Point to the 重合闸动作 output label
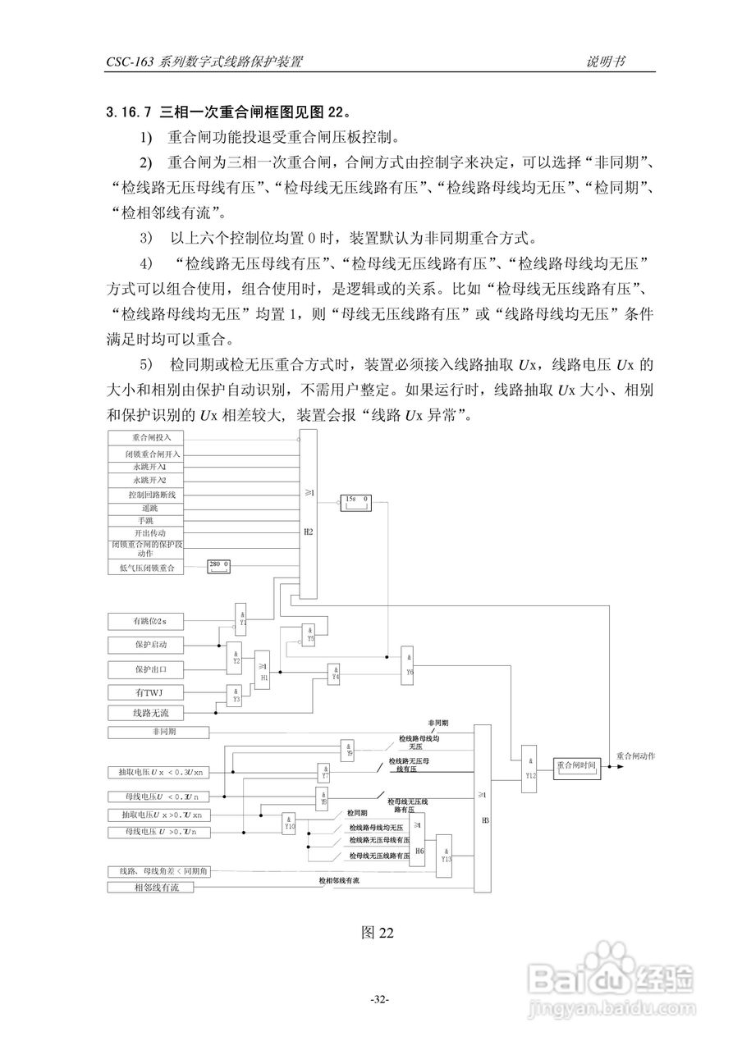tap(636, 755)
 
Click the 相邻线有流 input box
tap(151, 888)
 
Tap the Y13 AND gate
tap(446, 853)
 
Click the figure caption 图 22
tap(378, 933)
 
